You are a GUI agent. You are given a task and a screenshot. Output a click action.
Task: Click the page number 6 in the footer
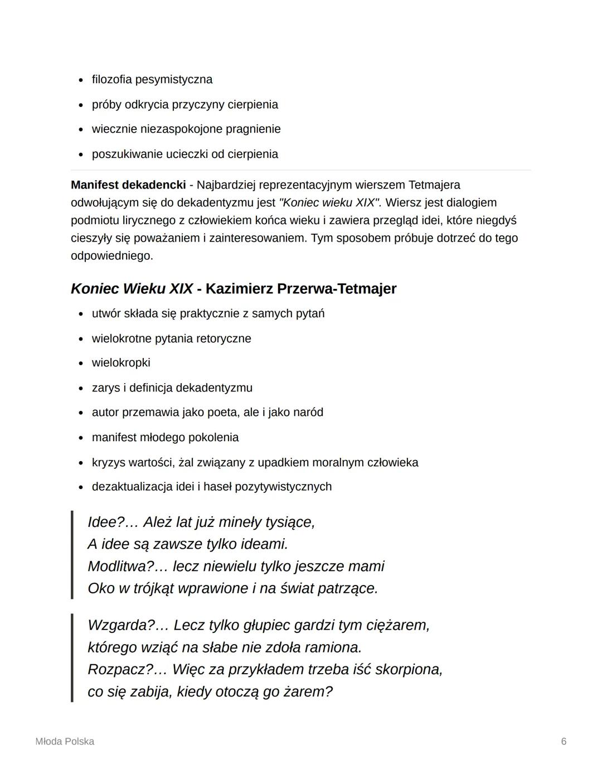[x=564, y=742]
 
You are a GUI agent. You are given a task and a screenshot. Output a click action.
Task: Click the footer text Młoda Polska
[x=65, y=742]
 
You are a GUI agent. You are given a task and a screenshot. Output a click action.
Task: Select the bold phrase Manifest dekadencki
[x=128, y=185]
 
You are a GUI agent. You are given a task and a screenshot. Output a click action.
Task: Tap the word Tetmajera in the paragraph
[x=434, y=185]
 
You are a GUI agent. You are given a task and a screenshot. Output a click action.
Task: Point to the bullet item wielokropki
[x=121, y=363]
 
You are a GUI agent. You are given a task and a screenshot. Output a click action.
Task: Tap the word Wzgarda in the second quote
[x=118, y=626]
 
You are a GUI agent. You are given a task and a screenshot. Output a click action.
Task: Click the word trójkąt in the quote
[x=159, y=589]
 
